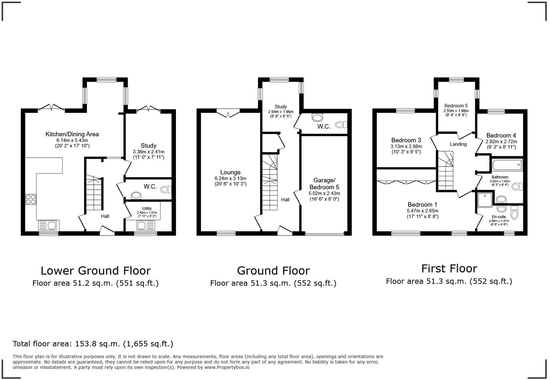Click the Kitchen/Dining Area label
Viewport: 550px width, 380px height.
pos(72,134)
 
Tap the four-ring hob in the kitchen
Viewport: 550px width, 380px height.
pos(31,199)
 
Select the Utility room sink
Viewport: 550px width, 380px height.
pos(145,225)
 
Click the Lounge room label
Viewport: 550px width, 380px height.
pos(230,172)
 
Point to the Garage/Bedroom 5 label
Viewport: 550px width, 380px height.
pos(324,184)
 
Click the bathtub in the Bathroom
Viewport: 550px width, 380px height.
pos(507,165)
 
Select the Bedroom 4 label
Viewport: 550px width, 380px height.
pos(501,135)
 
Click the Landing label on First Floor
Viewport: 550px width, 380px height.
pos(458,144)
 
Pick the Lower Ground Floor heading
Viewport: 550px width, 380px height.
pos(96,271)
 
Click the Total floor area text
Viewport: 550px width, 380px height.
pos(93,344)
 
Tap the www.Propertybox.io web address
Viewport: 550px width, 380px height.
pos(227,367)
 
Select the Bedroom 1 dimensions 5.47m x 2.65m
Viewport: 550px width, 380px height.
pos(423,211)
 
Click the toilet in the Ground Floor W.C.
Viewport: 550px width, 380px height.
pos(341,125)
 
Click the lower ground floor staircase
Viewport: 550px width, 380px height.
pos(93,194)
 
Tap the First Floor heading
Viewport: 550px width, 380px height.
pos(449,269)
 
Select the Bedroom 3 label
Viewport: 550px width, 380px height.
pos(406,140)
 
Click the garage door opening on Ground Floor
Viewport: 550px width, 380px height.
pos(324,234)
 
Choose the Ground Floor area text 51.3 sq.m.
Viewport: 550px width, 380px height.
pos(273,283)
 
